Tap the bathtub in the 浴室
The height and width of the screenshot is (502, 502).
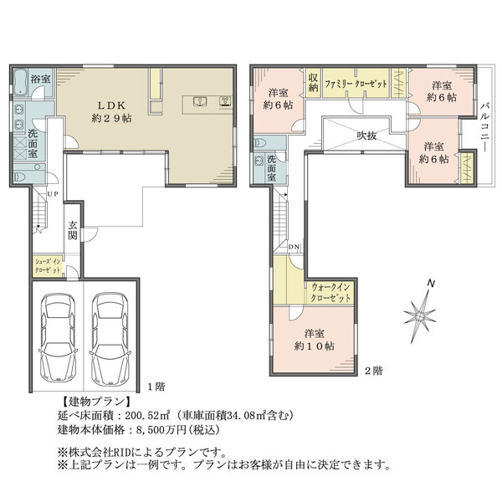(x=20, y=82)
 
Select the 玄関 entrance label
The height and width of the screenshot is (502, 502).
(x=73, y=230)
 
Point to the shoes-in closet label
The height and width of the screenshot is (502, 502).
(x=48, y=266)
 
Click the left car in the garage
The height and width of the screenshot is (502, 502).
(x=58, y=338)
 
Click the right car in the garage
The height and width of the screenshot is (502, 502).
(x=110, y=338)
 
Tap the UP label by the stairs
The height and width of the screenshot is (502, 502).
(x=53, y=194)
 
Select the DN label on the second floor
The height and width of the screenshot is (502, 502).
(x=294, y=247)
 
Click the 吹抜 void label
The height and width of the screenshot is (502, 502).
(x=367, y=136)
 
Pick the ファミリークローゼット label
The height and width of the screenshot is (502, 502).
(x=356, y=85)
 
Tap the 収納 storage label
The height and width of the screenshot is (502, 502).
(x=313, y=82)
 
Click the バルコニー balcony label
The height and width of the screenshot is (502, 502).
(x=486, y=126)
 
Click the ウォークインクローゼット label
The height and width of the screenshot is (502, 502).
(x=330, y=293)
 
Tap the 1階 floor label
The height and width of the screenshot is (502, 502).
(x=156, y=387)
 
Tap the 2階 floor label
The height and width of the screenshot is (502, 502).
(x=374, y=371)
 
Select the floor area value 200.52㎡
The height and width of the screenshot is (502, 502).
(x=147, y=416)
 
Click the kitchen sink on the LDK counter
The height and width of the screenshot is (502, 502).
(x=200, y=102)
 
